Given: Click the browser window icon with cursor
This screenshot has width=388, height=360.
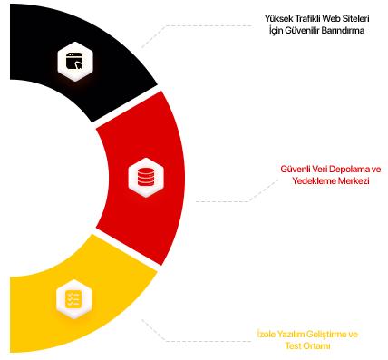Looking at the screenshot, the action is coord(74,61).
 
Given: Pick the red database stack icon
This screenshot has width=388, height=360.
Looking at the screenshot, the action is coord(146,177).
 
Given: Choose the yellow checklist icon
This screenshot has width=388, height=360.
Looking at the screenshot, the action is coord(73,298).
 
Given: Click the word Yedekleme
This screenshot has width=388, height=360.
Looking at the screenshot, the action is coord(314,180).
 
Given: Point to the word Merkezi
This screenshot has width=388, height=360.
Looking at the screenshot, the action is coord(354,180).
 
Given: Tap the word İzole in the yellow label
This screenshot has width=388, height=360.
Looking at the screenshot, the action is coord(267,334).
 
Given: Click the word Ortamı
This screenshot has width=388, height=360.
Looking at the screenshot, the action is coord(317,345).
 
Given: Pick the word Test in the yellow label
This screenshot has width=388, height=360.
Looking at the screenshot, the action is coord(294,345).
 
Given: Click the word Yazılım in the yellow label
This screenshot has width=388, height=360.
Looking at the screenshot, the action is coord(291,334).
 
